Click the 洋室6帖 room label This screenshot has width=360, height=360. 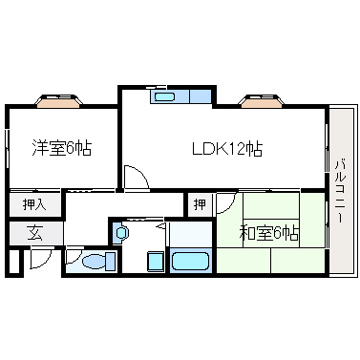tap(62, 148)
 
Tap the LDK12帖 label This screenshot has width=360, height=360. tap(227, 148)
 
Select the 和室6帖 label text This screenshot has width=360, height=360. tap(269, 235)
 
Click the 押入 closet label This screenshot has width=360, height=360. tap(34, 204)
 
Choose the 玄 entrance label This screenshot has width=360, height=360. tap(34, 233)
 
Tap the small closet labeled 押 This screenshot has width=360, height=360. tap(200, 204)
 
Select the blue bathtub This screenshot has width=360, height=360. tap(190, 261)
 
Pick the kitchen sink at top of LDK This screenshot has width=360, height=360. tap(163, 96)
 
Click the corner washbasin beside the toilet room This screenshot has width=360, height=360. tap(120, 233)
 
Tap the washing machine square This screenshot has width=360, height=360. tap(156, 261)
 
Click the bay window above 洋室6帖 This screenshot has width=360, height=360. tap(58, 101)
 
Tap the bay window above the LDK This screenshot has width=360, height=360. tap(262, 101)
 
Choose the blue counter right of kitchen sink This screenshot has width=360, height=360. tap(201, 96)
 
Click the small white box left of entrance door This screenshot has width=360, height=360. tap(14, 262)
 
